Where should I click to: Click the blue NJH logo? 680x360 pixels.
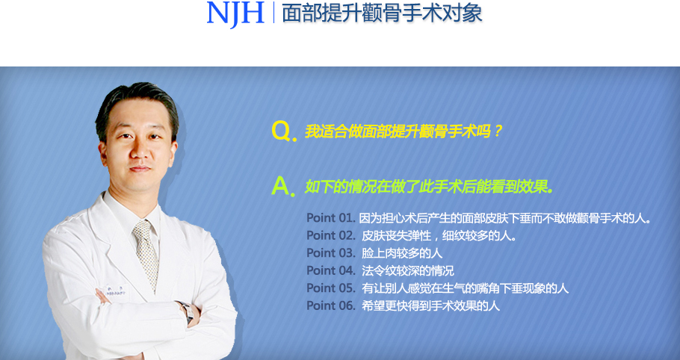tap(235, 14)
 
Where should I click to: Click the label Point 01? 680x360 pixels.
tap(331, 217)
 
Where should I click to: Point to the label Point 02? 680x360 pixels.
tap(331, 235)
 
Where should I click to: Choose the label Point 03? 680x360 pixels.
tap(331, 253)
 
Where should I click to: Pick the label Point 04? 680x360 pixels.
tap(331, 270)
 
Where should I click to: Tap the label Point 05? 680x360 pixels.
tap(331, 288)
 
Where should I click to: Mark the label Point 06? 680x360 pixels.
tap(331, 305)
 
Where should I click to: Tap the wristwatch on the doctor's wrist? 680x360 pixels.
tap(187, 313)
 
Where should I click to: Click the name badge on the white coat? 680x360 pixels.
tap(114, 291)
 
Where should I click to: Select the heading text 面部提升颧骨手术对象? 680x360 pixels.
tap(382, 13)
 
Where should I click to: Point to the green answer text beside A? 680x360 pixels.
tap(430, 187)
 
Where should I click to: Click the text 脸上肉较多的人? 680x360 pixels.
tap(402, 253)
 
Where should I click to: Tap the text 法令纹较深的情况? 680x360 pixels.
tap(408, 271)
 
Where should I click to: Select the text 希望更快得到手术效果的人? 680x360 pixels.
tap(430, 305)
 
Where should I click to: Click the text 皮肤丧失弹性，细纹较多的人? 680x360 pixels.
tap(439, 236)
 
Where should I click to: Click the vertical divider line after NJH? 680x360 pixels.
tap(273, 12)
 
